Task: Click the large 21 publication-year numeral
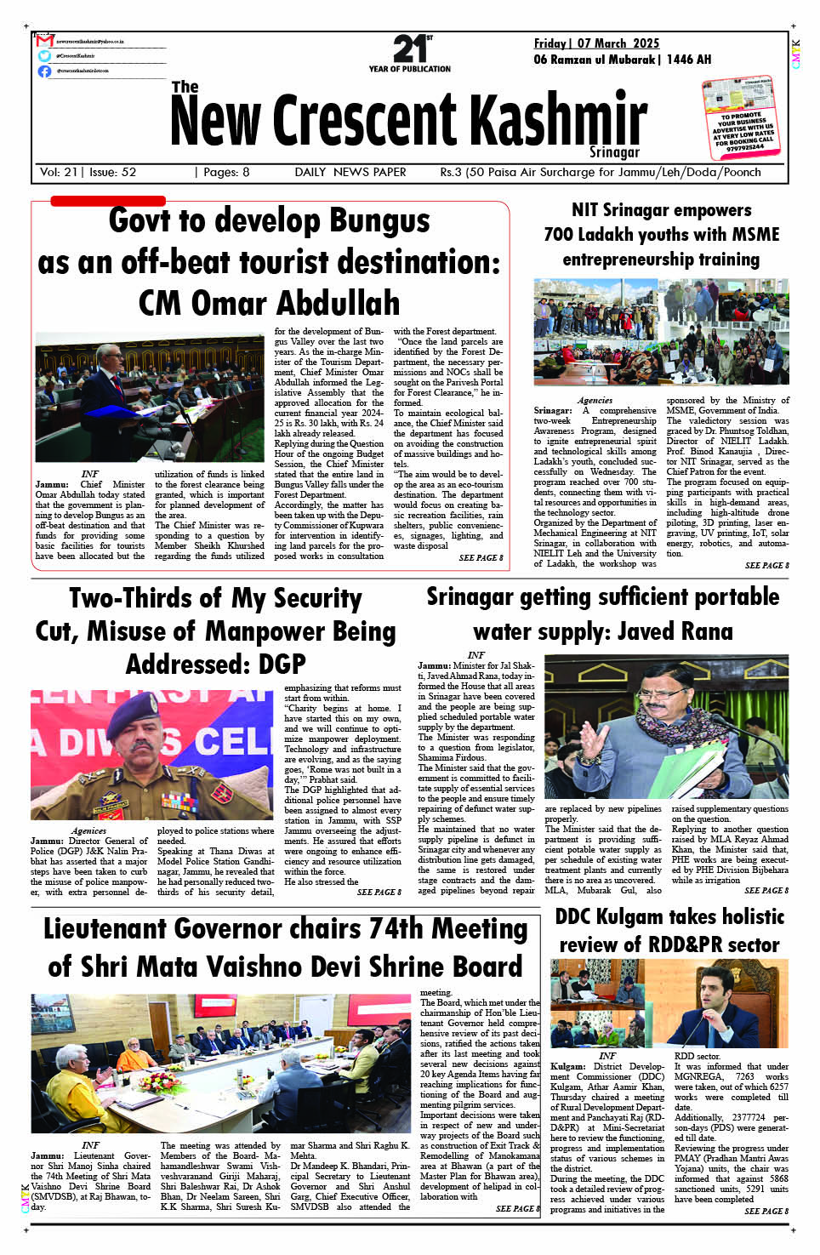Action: (408, 48)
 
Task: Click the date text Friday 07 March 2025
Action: (595, 43)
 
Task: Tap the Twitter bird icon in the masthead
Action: (44, 55)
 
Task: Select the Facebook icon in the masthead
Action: (44, 71)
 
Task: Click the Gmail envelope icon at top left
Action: (45, 41)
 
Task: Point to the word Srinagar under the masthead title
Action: (614, 151)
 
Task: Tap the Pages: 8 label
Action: (226, 172)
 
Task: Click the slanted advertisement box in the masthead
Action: (739, 118)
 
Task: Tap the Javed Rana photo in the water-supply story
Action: (666, 727)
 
